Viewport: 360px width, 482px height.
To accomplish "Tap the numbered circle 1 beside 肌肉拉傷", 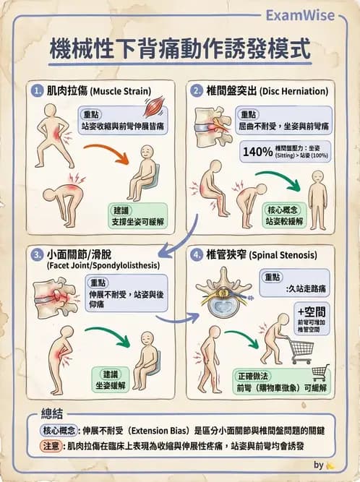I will coord(38,92).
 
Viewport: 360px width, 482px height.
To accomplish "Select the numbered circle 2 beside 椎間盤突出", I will coord(197,92).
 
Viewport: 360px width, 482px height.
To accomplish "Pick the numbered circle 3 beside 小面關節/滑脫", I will coord(38,256).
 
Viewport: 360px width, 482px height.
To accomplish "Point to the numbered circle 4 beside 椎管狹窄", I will coord(197,256).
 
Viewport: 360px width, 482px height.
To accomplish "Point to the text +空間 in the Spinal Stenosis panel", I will coord(312,312).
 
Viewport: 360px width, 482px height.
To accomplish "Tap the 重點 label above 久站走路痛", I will coord(273,277).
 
